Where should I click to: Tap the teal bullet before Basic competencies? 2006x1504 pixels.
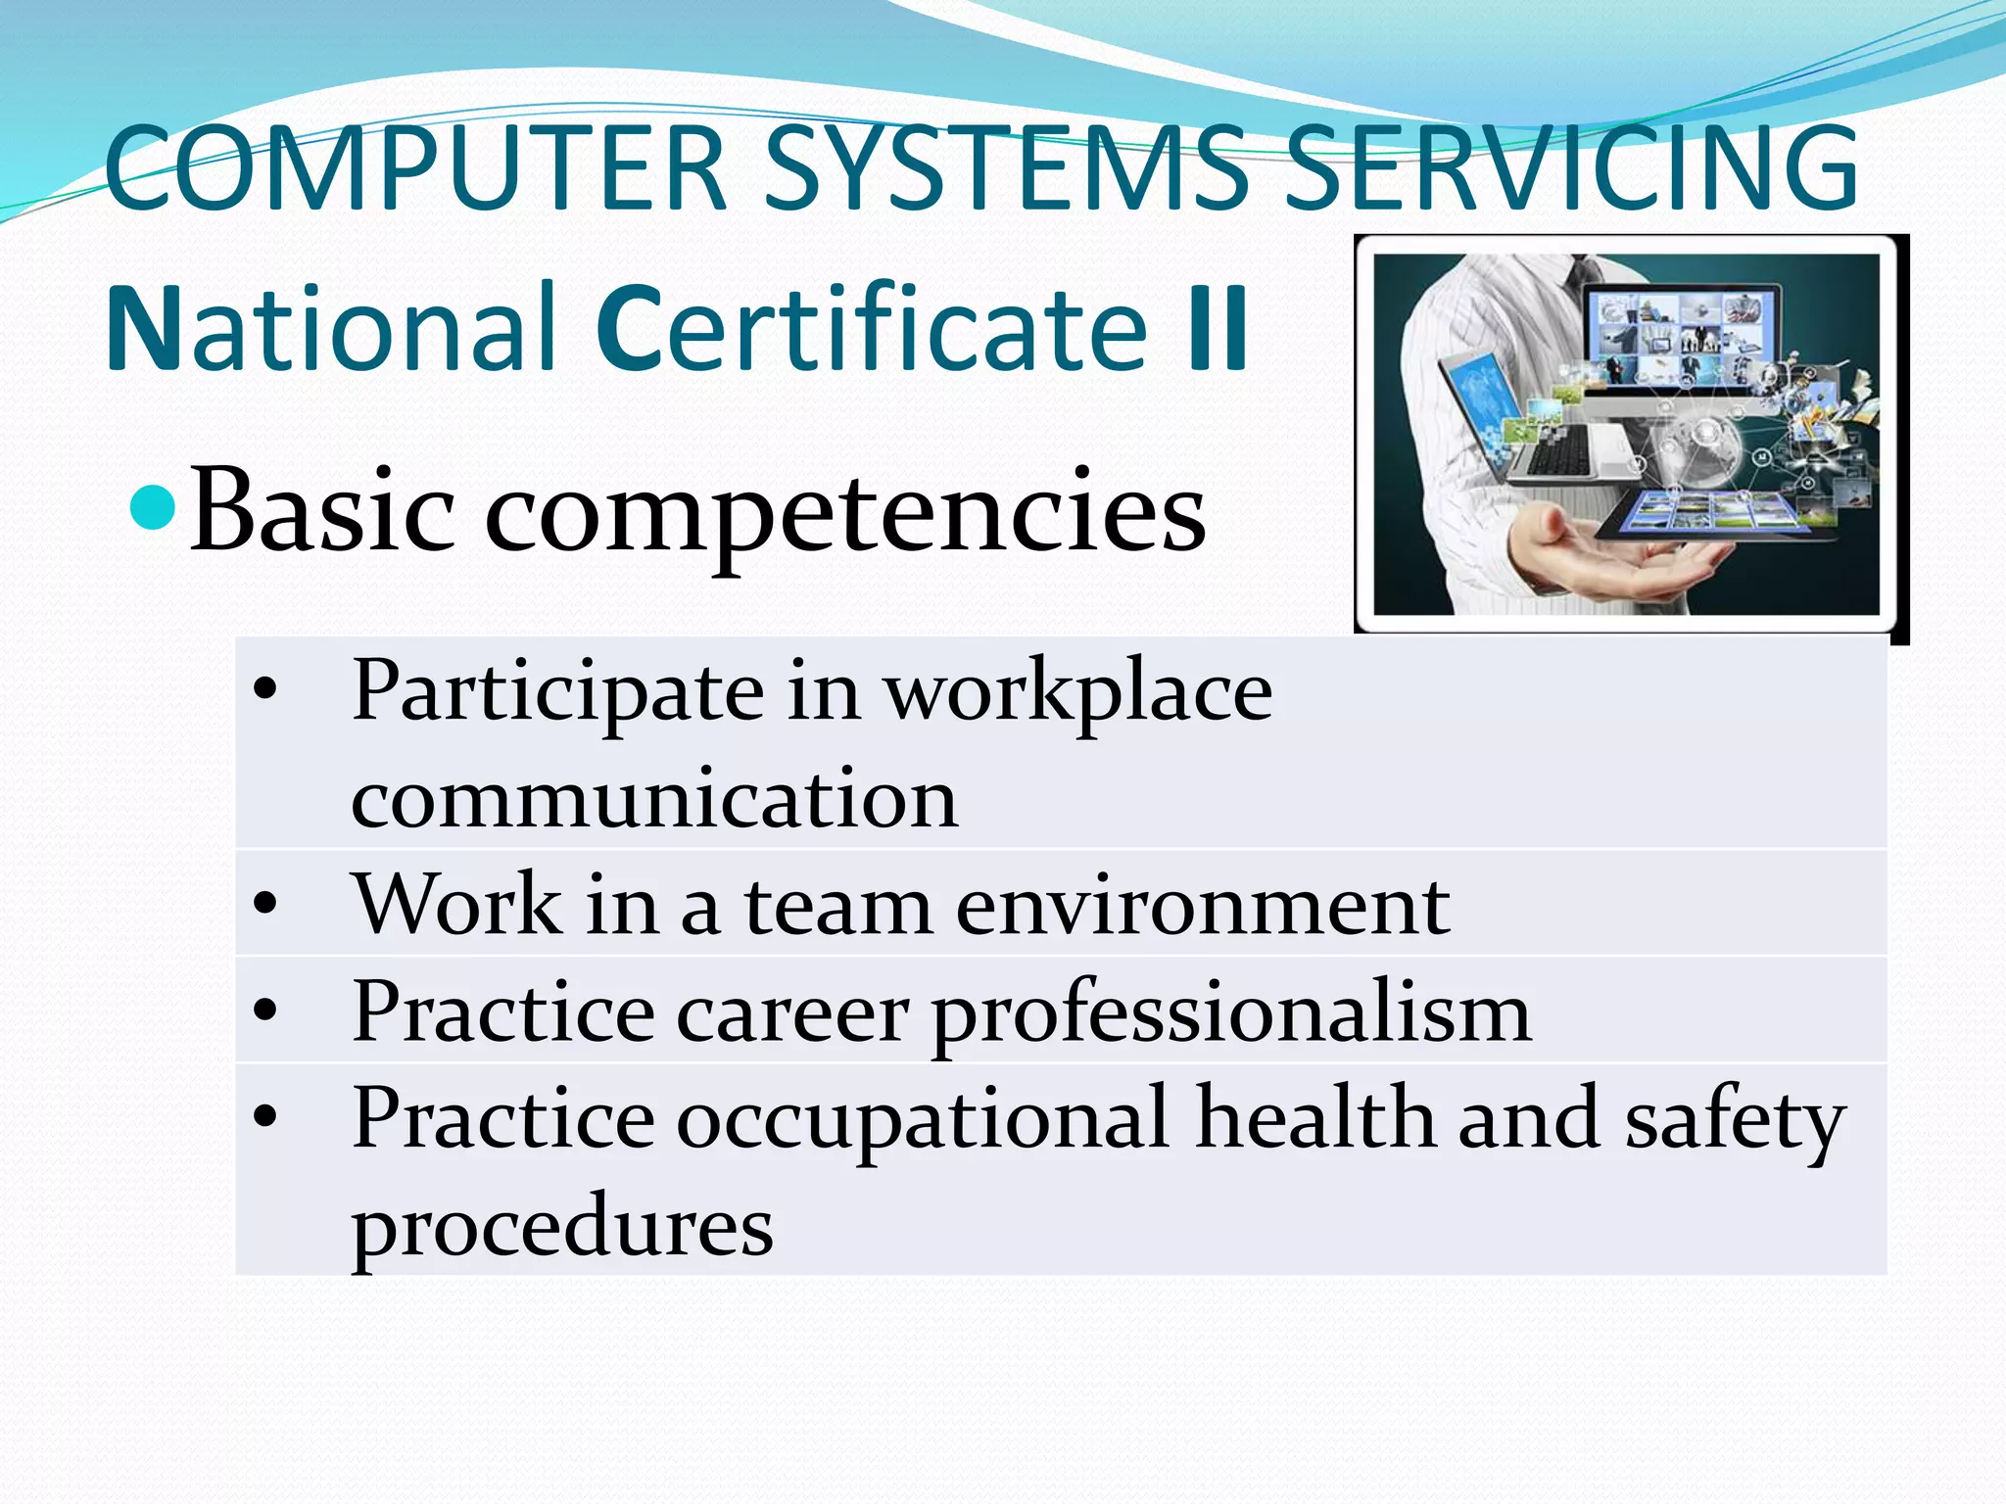[x=153, y=507]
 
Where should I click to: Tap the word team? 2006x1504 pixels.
[x=838, y=906]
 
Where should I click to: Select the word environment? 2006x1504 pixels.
[x=1203, y=906]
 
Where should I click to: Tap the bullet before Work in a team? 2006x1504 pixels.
[x=265, y=904]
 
